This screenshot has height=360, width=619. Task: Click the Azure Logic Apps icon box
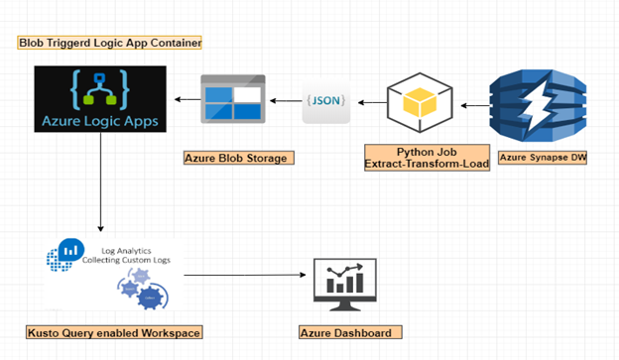coord(100,100)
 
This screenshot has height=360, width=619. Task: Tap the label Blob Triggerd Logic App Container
coord(110,43)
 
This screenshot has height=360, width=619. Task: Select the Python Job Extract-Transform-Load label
coord(426,156)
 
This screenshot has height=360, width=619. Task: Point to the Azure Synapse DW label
coord(541,157)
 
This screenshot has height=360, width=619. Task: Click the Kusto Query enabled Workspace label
coord(114,331)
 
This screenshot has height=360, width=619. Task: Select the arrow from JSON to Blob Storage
coord(288,101)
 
